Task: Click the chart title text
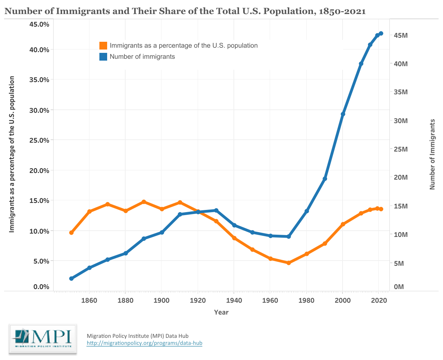tap(185, 11)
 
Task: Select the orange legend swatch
tap(103, 46)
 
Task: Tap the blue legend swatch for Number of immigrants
tap(103, 57)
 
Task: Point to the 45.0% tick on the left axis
tap(39, 24)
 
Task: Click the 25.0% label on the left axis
tap(39, 140)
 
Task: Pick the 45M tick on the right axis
tap(401, 35)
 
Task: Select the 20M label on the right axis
tap(401, 177)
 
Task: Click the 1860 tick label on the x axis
tap(89, 300)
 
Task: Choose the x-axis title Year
tap(221, 312)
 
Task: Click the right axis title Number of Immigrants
tap(432, 154)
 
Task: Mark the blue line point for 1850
tap(71, 278)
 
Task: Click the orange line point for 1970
tap(289, 263)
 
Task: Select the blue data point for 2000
tap(343, 114)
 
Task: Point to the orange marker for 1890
tap(144, 202)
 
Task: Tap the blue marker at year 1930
tap(216, 210)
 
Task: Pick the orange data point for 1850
tap(71, 232)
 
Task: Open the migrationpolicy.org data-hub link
tap(144, 343)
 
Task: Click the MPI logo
tap(42, 339)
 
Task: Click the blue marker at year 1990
tap(325, 179)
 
